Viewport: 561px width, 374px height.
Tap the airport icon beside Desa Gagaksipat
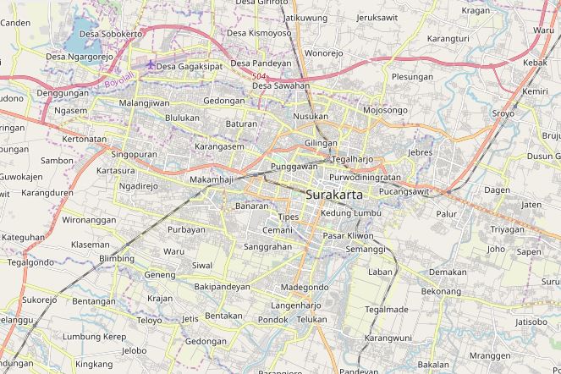(x=150, y=65)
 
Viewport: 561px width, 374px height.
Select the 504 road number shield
(x=258, y=77)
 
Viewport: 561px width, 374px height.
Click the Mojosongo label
(x=385, y=110)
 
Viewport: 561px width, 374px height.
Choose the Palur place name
(x=446, y=214)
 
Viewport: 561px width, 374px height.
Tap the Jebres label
(x=420, y=152)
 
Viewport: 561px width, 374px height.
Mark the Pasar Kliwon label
(x=348, y=235)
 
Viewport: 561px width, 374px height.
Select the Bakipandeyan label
(x=223, y=287)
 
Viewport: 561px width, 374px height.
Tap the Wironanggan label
(x=89, y=220)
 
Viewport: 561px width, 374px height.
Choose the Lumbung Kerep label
(x=94, y=337)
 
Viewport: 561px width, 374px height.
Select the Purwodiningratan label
(x=365, y=178)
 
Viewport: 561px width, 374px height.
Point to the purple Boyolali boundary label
(x=113, y=85)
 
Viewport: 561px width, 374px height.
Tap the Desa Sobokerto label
(x=110, y=34)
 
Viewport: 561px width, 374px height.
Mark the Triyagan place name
(x=507, y=229)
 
